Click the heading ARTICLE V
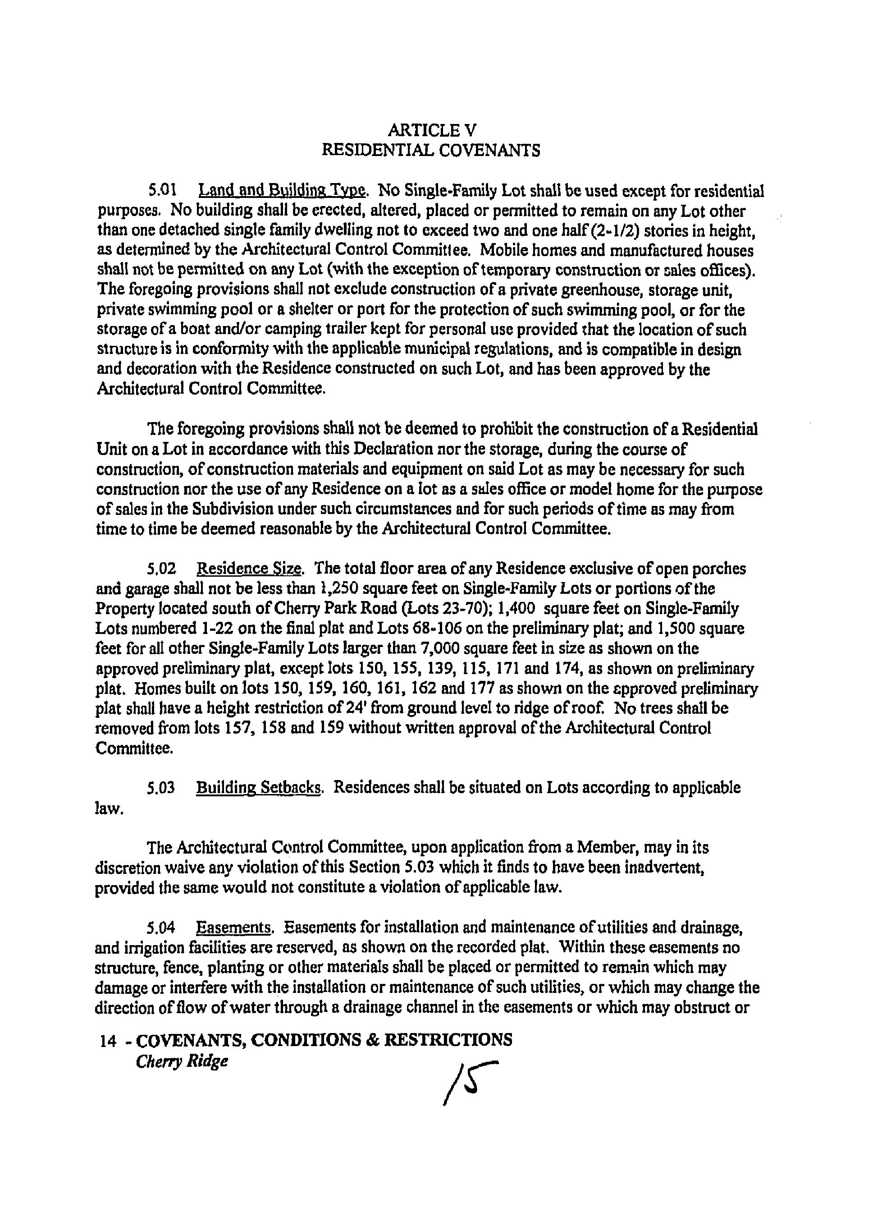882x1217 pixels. [x=431, y=130]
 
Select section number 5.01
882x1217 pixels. [x=162, y=190]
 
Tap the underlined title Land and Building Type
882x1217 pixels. [x=283, y=190]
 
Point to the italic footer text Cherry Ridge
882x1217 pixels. [x=182, y=1062]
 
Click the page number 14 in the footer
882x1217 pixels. [x=108, y=1042]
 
